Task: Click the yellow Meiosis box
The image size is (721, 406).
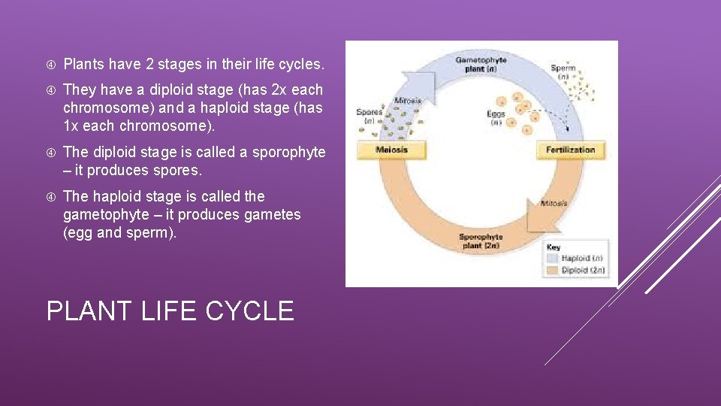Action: click(391, 150)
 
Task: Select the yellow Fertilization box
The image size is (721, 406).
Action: click(570, 150)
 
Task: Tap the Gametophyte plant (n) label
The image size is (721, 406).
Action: click(481, 65)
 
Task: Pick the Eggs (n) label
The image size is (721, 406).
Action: click(495, 118)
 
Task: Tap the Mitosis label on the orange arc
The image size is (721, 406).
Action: click(554, 203)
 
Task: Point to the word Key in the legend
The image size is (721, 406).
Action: click(553, 247)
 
